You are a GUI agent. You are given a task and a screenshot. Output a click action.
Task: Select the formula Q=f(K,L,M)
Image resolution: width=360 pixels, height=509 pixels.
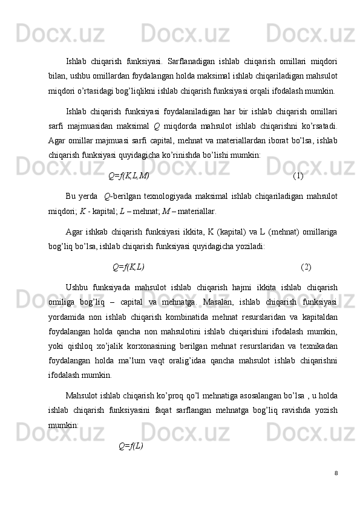128,176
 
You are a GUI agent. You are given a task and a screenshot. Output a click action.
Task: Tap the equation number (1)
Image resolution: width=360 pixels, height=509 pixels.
298,176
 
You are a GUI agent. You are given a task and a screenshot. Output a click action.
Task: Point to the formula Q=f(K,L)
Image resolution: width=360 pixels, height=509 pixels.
128,250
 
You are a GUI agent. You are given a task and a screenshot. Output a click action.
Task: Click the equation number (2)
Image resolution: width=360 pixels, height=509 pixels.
306,250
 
